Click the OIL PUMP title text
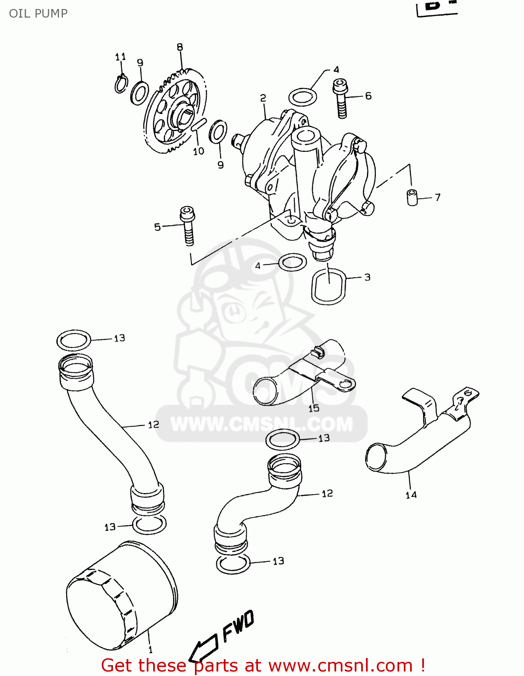click(x=38, y=13)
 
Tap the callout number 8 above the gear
click(x=180, y=47)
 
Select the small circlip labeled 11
click(x=121, y=84)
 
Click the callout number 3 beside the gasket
click(x=367, y=277)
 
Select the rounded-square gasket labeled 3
click(x=329, y=286)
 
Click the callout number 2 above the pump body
click(x=263, y=98)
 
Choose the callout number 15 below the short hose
click(x=314, y=408)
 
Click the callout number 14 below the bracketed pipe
click(x=411, y=495)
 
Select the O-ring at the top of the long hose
click(x=74, y=340)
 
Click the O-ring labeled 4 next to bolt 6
click(x=303, y=96)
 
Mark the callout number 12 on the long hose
click(x=154, y=425)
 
